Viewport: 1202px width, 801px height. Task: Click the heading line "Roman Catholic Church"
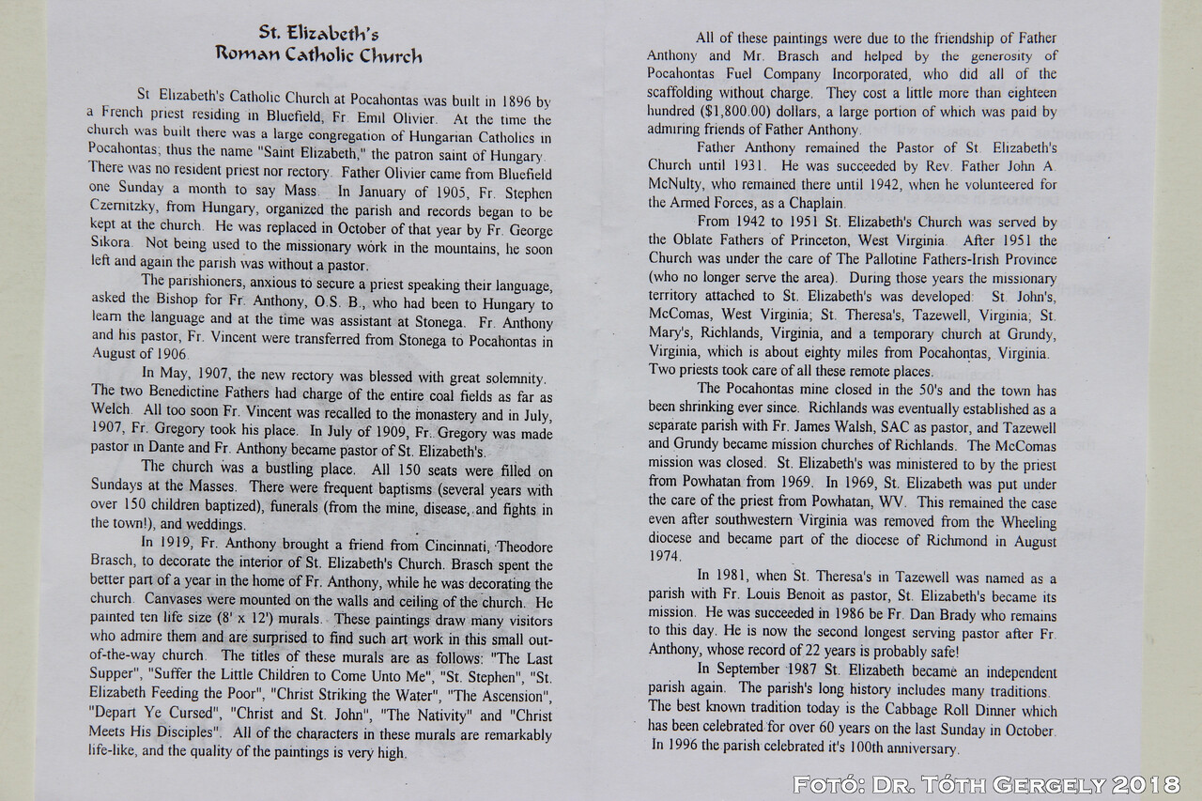click(319, 54)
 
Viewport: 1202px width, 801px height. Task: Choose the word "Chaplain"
click(822, 203)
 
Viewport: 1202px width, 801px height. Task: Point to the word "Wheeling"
click(1026, 521)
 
